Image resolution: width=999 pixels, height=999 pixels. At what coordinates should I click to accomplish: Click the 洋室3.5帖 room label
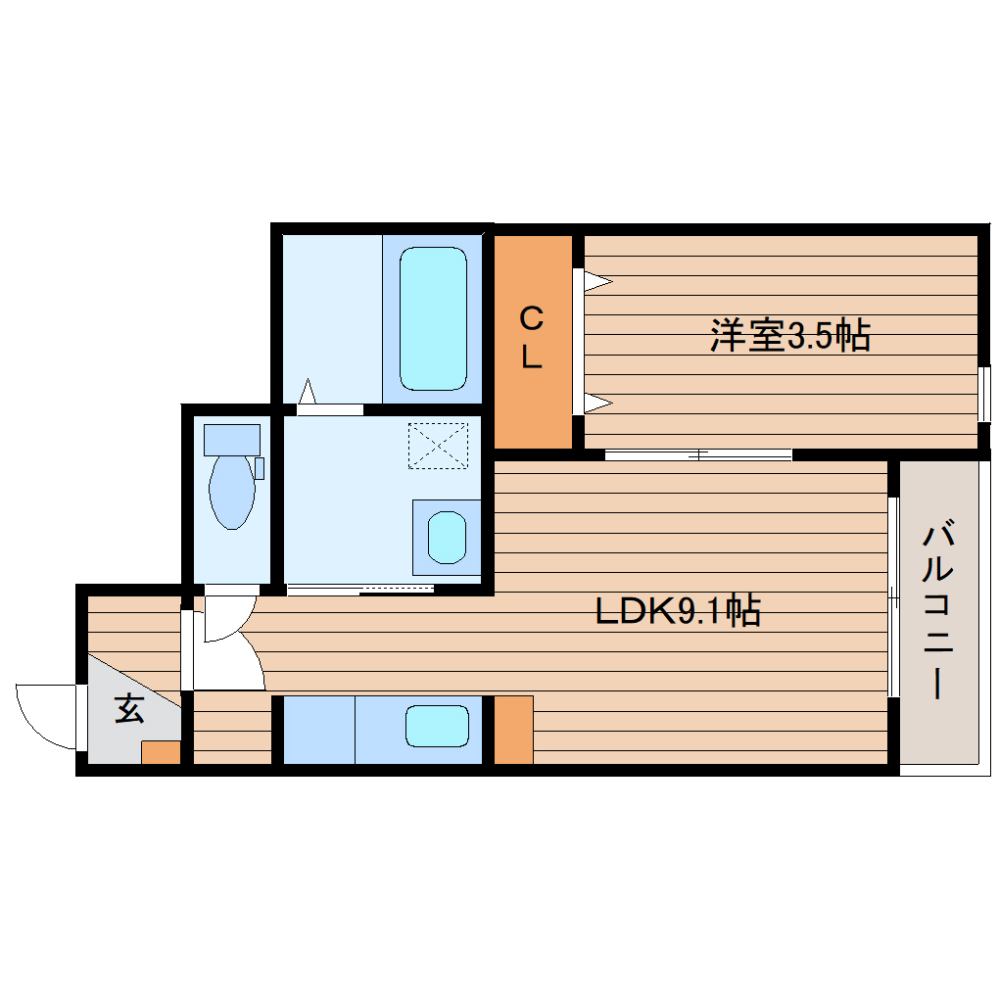[x=789, y=337]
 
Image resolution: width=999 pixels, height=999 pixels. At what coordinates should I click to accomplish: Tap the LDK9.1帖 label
[x=678, y=612]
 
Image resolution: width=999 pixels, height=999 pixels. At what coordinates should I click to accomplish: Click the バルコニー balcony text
[x=938, y=612]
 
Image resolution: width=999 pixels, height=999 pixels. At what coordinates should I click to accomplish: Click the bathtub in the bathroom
[x=432, y=317]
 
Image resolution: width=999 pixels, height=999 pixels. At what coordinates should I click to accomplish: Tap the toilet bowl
[x=232, y=490]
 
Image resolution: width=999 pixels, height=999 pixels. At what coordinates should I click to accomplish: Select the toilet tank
[x=232, y=439]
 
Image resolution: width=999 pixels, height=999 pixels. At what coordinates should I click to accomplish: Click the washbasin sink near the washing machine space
[x=447, y=537]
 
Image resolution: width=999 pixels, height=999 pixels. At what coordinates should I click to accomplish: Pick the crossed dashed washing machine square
[x=439, y=446]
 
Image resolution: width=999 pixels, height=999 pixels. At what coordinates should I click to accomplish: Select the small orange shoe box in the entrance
[x=161, y=752]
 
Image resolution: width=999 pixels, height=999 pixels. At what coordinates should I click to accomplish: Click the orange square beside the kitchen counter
[x=513, y=729]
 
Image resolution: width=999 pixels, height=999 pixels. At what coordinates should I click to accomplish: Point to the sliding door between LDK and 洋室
[x=697, y=454]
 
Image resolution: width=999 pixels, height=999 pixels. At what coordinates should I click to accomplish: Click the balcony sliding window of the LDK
[x=893, y=597]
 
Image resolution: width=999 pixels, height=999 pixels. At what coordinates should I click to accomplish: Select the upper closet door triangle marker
[x=596, y=282]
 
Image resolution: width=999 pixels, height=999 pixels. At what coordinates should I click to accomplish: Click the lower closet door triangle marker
[x=596, y=401]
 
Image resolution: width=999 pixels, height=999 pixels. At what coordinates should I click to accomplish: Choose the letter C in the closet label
[x=531, y=319]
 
